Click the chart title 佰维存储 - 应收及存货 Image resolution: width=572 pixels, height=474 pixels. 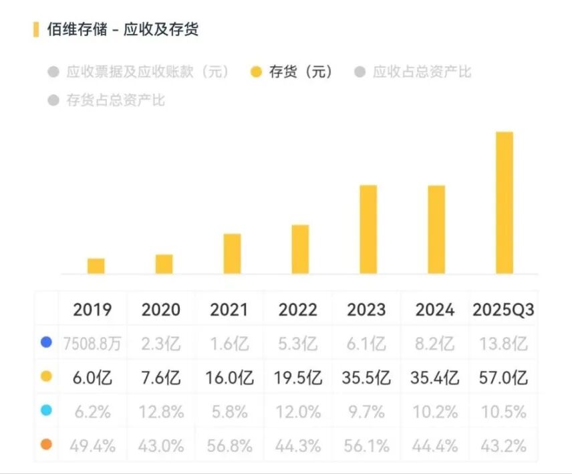tap(123, 29)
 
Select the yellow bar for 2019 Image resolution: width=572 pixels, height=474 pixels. tap(96, 266)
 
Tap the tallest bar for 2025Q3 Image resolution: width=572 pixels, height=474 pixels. tap(505, 203)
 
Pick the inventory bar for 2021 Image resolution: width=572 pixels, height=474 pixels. tap(232, 253)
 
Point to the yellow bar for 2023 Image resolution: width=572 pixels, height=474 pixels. tap(368, 229)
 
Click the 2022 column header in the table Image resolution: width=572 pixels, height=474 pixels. tap(297, 310)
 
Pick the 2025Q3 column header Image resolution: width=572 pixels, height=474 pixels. tap(503, 310)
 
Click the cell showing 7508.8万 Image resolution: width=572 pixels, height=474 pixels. tap(93, 344)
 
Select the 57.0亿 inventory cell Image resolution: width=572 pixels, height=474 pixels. tap(503, 378)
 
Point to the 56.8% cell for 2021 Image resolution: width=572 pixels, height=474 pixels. tap(229, 445)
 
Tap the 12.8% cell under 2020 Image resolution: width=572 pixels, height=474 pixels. tap(161, 411)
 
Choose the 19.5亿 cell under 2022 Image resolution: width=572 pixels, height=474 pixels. tap(297, 378)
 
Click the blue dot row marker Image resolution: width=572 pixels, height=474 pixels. tap(46, 343)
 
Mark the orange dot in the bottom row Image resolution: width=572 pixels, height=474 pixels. tap(46, 444)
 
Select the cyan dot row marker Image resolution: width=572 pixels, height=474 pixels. tap(46, 410)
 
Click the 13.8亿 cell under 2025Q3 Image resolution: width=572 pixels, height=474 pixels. tap(503, 344)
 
